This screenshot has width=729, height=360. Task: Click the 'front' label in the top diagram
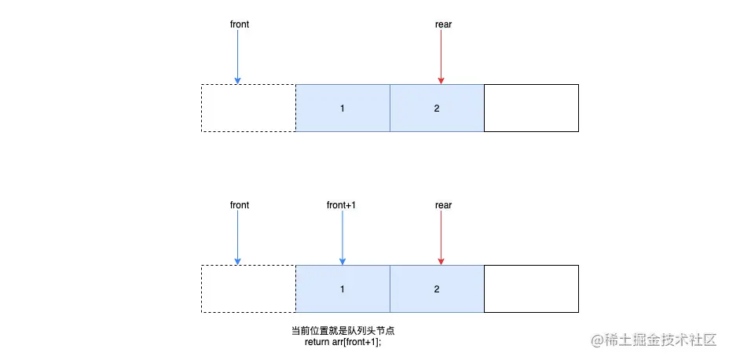coord(240,24)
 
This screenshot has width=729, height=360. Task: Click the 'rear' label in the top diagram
coord(443,24)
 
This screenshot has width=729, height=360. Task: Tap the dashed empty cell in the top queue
coord(248,108)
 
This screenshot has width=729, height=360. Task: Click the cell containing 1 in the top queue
coord(343,108)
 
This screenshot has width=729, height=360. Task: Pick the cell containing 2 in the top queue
coord(437,108)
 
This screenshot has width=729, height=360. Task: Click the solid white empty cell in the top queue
coord(531,108)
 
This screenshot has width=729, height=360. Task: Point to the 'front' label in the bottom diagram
coord(240,205)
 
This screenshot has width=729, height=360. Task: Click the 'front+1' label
coord(342,205)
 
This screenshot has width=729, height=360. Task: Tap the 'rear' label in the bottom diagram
coord(443,205)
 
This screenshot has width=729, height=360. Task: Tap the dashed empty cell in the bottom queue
coord(248,288)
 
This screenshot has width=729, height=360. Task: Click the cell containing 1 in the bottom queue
coord(343,288)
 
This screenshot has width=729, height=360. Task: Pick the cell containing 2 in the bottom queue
coord(437,288)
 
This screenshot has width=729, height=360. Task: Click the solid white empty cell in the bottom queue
coord(531,288)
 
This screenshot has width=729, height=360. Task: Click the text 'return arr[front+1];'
coord(347,342)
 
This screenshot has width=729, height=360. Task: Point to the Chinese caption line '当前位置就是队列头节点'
coord(347,330)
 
